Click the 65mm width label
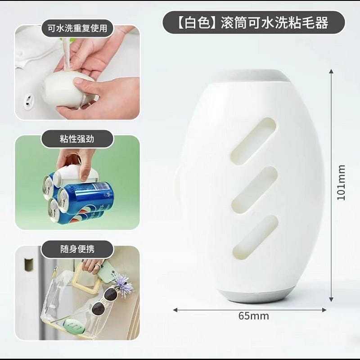tap(253, 316)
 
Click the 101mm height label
tap(341, 183)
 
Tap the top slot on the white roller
tap(253, 141)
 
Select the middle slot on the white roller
tap(255, 189)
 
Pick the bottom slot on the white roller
tap(256, 238)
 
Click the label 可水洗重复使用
tap(77, 28)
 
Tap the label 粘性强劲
tap(77, 139)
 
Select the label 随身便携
tap(77, 249)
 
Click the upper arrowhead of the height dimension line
tap(331, 71)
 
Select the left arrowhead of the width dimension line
tap(175, 310)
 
